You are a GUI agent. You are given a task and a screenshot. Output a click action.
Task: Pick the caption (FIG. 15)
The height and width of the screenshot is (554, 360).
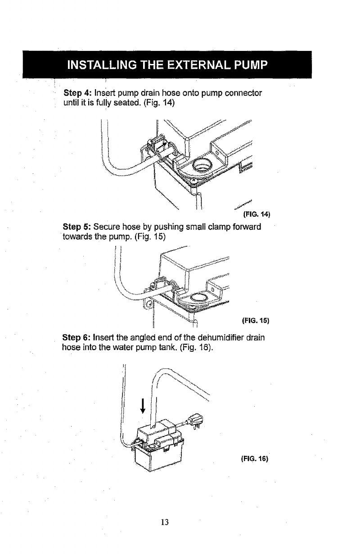click(x=255, y=321)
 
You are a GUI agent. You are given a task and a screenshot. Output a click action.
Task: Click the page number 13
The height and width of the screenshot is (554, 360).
click(x=165, y=522)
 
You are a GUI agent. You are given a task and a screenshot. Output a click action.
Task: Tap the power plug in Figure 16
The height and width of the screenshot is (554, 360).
click(x=195, y=422)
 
